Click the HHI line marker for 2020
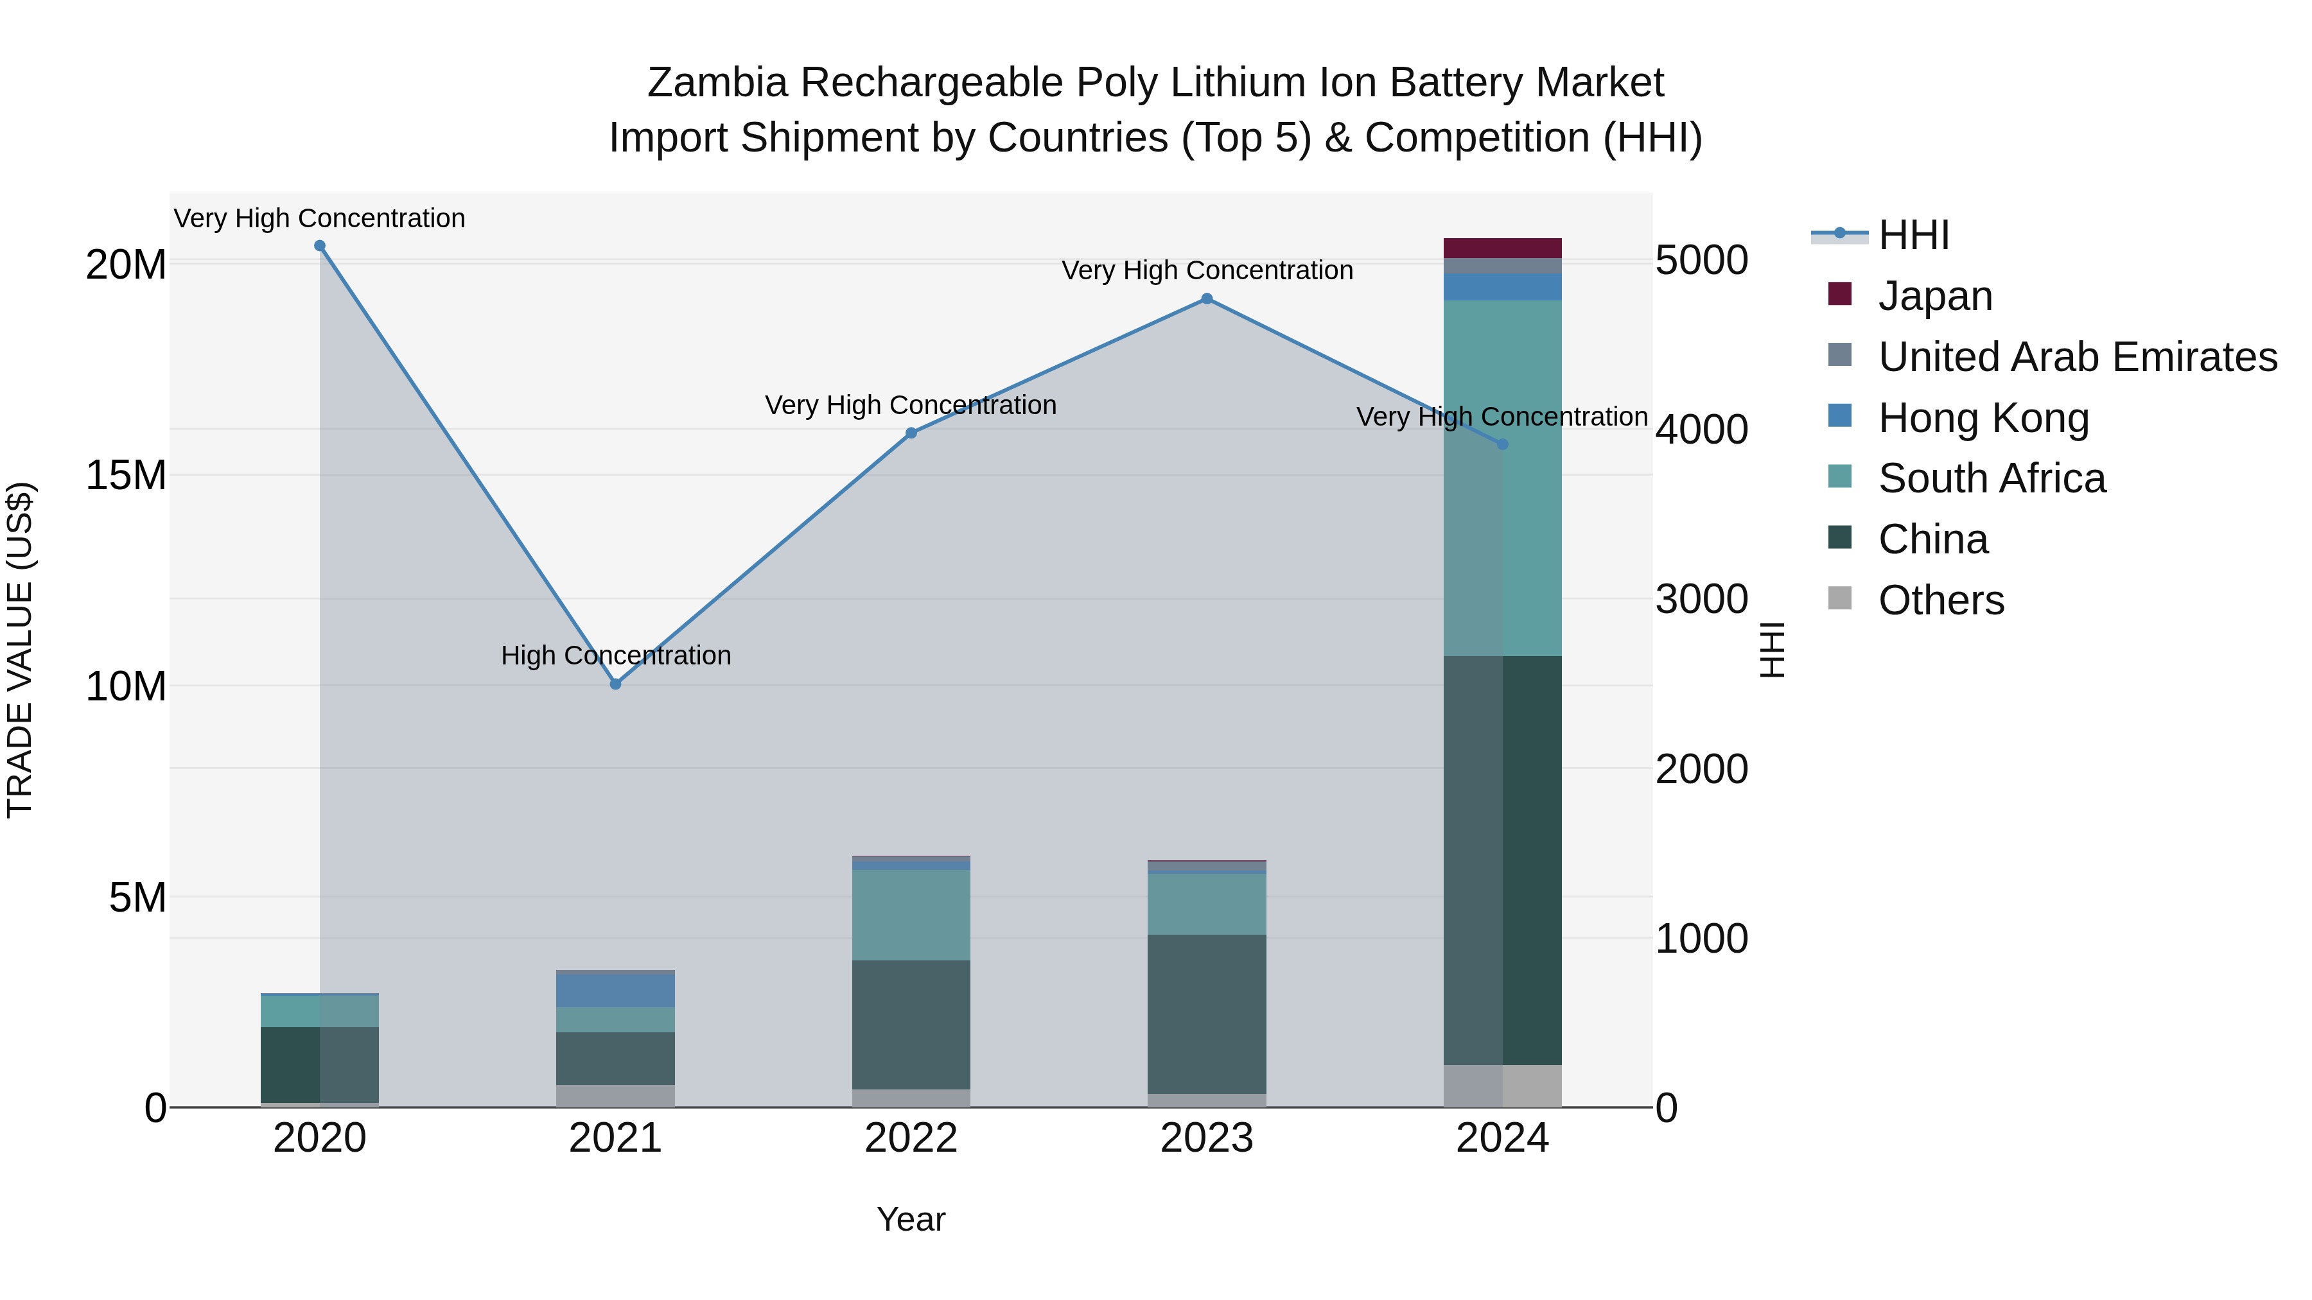pyautogui.click(x=320, y=246)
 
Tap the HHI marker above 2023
pyautogui.click(x=1207, y=299)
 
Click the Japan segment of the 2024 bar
pyautogui.click(x=1502, y=248)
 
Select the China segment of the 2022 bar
pyautogui.click(x=911, y=1025)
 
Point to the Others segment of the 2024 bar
pyautogui.click(x=1502, y=1086)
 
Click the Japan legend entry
pyautogui.click(x=1935, y=296)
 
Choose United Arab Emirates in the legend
pyautogui.click(x=2077, y=357)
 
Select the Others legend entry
pyautogui.click(x=1940, y=600)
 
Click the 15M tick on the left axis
pyautogui.click(x=126, y=476)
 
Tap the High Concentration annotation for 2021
pyautogui.click(x=616, y=656)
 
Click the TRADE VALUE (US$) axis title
pyautogui.click(x=20, y=650)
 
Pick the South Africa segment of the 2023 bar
pyautogui.click(x=1207, y=903)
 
